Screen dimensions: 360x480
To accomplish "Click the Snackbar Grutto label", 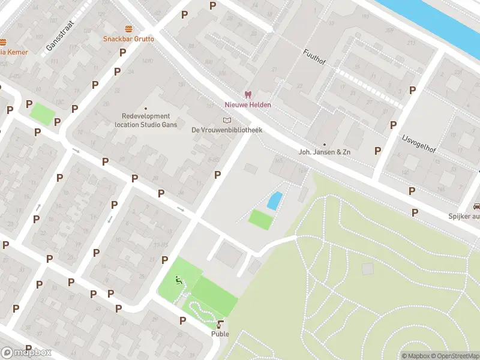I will [128, 39].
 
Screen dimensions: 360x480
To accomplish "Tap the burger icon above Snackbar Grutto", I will [128, 29].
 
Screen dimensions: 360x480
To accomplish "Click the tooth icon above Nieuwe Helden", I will [247, 95].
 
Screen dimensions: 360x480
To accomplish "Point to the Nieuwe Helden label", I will [248, 105].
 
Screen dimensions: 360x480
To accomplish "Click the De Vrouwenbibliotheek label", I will [227, 130].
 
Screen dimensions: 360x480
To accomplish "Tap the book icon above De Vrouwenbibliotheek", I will [226, 120].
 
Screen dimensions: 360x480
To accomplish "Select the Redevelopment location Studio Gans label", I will [146, 121].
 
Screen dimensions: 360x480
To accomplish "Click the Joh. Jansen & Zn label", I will [324, 152].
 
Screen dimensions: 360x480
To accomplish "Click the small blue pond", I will [274, 200].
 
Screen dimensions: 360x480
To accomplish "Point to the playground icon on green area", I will [178, 280].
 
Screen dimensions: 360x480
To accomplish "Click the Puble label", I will [220, 334].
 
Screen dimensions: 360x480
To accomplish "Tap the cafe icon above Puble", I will [220, 325].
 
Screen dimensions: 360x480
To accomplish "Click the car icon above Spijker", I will [476, 206].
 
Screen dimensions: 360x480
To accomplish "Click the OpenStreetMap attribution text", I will [455, 356].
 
